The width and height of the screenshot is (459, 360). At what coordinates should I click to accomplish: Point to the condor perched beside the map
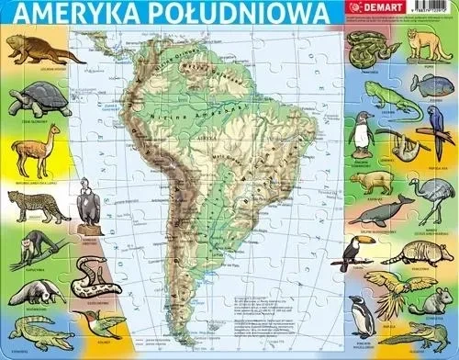tap(89, 202)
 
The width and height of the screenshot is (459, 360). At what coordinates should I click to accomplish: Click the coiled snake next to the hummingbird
tap(92, 273)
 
